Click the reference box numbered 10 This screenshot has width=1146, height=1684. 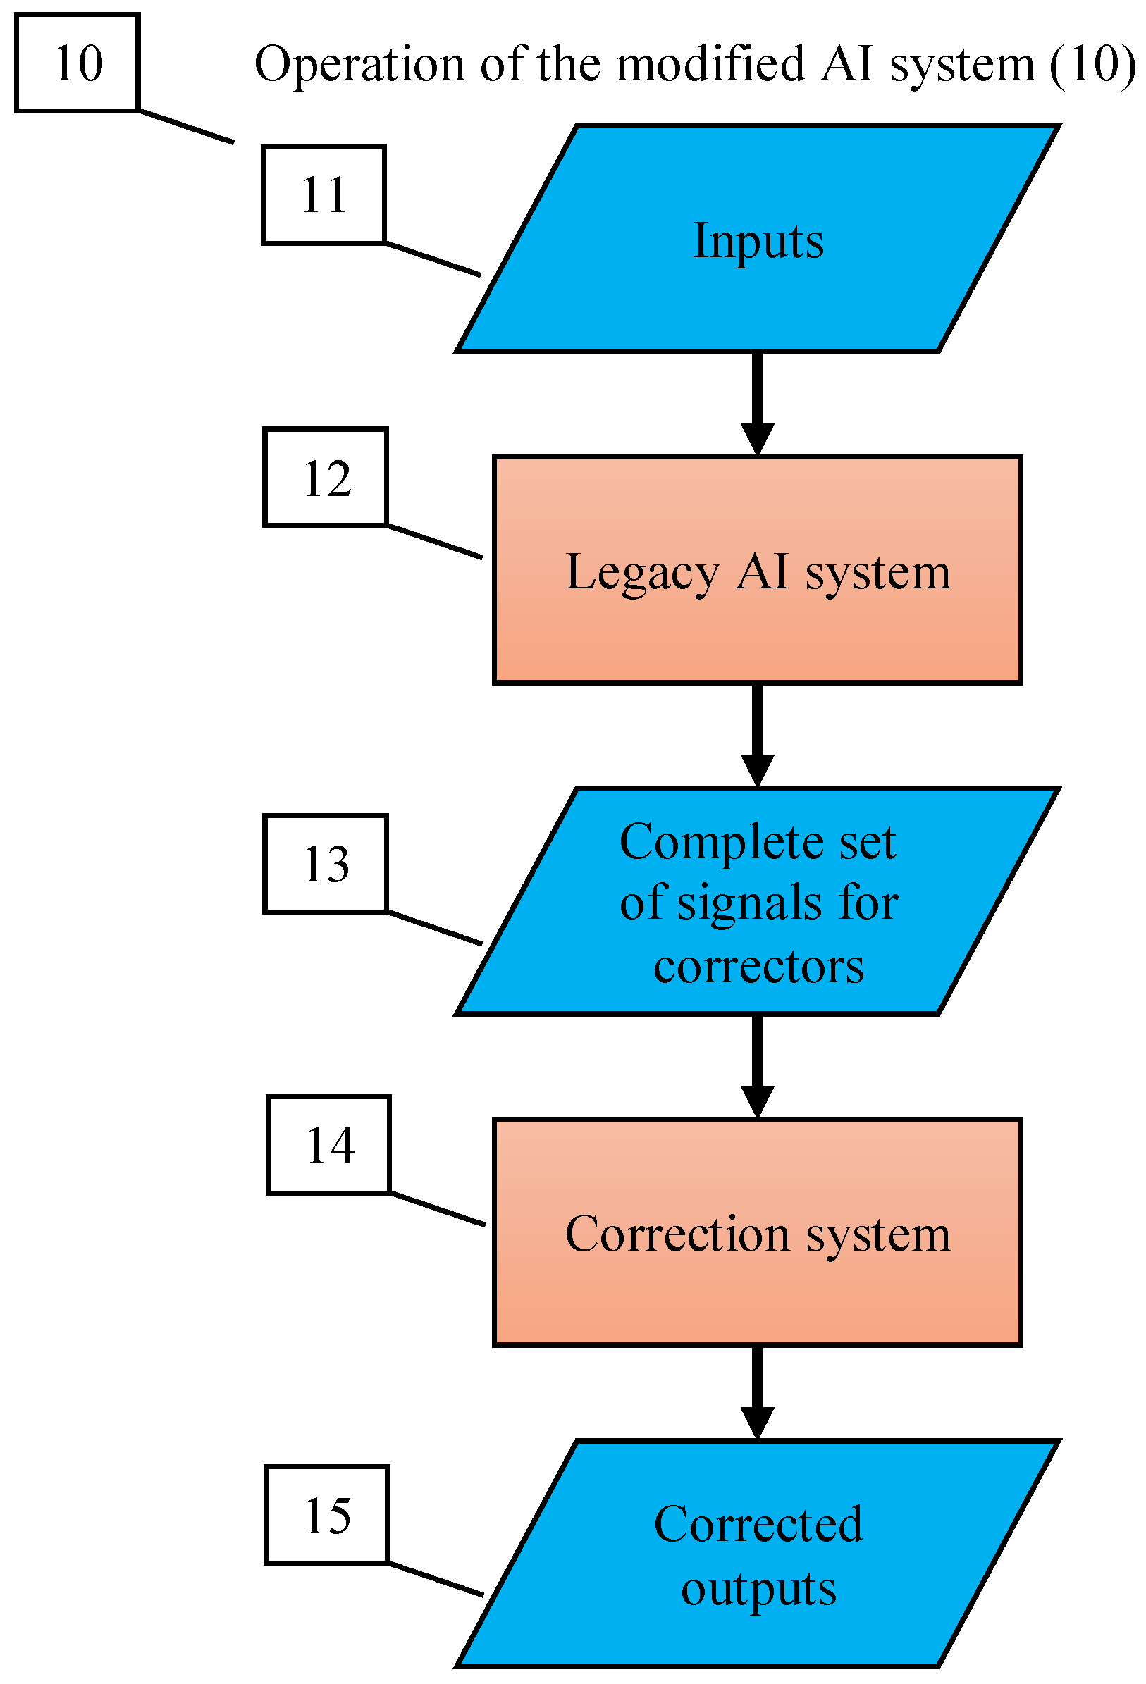pyautogui.click(x=77, y=63)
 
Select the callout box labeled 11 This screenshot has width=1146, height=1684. pyautogui.click(x=324, y=194)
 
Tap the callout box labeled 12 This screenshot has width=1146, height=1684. pyautogui.click(x=326, y=478)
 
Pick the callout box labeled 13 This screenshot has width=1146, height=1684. pyautogui.click(x=326, y=863)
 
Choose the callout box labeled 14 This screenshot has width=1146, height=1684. pyautogui.click(x=328, y=1145)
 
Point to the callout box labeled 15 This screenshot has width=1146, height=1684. pyautogui.click(x=326, y=1515)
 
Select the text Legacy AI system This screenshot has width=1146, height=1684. pyautogui.click(x=758, y=571)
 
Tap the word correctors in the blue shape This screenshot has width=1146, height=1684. pyautogui.click(x=758, y=967)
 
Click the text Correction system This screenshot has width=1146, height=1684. pyautogui.click(x=758, y=1234)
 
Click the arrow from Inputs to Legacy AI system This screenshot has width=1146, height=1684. pyautogui.click(x=758, y=403)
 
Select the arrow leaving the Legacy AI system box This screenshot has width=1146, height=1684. pyautogui.click(x=758, y=734)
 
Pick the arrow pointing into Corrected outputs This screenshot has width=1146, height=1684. pyautogui.click(x=758, y=1394)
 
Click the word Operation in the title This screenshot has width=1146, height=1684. pyautogui.click(x=359, y=66)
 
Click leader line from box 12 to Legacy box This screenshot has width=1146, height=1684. pyautogui.click(x=433, y=541)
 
